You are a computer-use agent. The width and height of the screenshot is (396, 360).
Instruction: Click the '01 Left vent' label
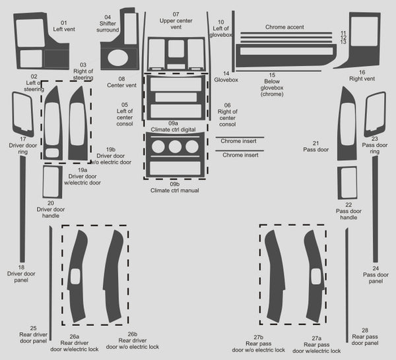pyautogui.click(x=64, y=26)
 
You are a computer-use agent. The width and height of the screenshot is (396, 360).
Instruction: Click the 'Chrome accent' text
pyautogui.click(x=284, y=28)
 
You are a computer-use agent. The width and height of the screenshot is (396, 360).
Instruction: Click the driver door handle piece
pyautogui.click(x=52, y=182)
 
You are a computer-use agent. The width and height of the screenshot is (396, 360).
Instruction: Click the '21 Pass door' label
pyautogui.click(x=320, y=146)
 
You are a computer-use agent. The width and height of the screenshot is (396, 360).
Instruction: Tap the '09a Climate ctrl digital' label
pyautogui.click(x=174, y=127)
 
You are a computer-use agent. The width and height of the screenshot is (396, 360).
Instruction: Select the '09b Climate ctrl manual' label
pyautogui.click(x=174, y=187)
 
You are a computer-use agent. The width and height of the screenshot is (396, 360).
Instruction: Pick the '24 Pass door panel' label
pyautogui.click(x=375, y=273)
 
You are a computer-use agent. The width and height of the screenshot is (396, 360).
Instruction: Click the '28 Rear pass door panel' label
pyautogui.click(x=364, y=336)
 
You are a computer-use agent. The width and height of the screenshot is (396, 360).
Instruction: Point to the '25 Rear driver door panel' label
pyautogui.click(x=33, y=334)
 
